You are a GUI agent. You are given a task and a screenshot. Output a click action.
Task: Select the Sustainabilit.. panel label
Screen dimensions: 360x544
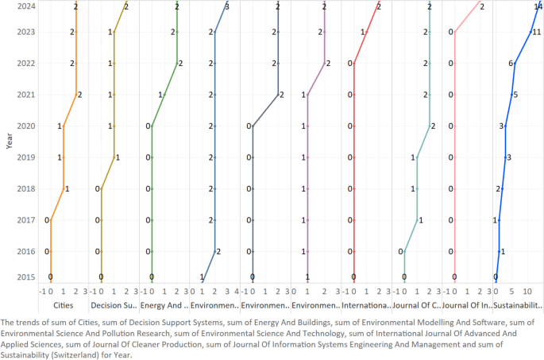coord(517,305)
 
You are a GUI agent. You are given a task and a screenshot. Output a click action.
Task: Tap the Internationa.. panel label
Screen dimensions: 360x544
coord(365,305)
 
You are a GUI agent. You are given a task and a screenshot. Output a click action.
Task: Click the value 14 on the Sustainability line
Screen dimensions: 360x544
coord(538,6)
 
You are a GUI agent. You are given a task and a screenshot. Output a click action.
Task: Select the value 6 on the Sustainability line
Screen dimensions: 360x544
coord(511,64)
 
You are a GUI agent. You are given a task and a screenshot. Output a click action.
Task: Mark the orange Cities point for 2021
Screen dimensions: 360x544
coord(75,95)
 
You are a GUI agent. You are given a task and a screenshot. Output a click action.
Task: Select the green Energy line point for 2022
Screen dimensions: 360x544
coord(176,64)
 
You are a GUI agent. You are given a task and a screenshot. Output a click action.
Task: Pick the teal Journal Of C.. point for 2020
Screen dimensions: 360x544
coord(429,126)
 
